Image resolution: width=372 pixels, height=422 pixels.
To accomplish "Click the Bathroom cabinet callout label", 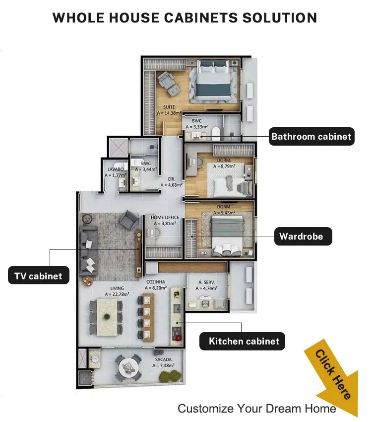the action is point(311,137).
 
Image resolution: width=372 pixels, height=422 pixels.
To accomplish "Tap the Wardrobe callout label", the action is point(303,236).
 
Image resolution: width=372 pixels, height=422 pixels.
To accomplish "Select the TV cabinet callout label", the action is point(39,275).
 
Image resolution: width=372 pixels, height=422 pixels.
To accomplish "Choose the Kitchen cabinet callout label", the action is point(242,341).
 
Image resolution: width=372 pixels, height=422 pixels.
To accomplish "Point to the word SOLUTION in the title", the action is point(280,18).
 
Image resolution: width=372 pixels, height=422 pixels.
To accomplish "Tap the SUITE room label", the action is point(169,107).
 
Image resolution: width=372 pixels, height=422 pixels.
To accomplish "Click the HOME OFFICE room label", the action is point(165,217).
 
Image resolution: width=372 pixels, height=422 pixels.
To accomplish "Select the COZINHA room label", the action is point(156,282).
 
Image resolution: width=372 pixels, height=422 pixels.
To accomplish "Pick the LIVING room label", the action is point(117,288).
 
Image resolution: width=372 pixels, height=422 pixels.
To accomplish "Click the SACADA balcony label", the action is point(163,359).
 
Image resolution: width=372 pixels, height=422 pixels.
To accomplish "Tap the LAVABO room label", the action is point(116,169).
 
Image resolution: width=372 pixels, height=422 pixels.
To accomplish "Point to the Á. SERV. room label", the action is point(206,282).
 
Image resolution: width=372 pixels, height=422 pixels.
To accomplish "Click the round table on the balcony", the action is point(128,367).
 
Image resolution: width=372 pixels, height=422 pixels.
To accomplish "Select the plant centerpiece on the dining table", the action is point(107,317).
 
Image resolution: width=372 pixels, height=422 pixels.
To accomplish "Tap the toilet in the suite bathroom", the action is point(216,134).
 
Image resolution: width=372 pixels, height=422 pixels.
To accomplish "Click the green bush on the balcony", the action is point(170,376).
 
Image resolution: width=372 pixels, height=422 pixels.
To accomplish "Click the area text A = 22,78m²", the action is point(117,294).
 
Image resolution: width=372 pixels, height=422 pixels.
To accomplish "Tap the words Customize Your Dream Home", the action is point(257,409).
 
